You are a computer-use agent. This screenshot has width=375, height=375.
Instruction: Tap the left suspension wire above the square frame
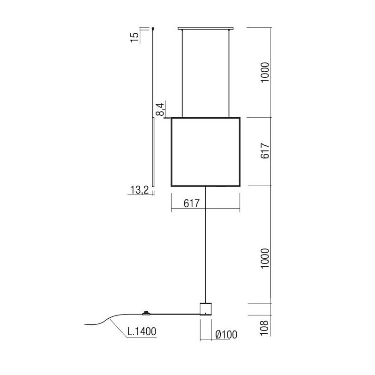click(182, 73)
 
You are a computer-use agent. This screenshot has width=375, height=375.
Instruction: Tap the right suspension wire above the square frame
click(229, 73)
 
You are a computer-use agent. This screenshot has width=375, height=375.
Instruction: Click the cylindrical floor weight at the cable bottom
click(206, 308)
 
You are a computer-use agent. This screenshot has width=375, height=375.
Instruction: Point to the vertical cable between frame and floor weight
click(206, 244)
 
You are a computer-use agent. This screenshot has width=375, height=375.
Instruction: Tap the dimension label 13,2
click(139, 189)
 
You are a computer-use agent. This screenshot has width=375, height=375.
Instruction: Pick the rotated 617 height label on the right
click(265, 151)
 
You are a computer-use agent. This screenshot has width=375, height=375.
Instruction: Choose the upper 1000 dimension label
click(265, 72)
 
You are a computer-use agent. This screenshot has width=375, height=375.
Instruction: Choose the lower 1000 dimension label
click(265, 258)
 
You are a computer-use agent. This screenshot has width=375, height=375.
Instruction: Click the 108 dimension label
click(265, 326)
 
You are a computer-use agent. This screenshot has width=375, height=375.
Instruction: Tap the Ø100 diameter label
click(226, 334)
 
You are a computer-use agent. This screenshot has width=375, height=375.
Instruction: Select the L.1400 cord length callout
click(142, 332)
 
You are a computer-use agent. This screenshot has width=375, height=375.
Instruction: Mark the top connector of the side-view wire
click(154, 29)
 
